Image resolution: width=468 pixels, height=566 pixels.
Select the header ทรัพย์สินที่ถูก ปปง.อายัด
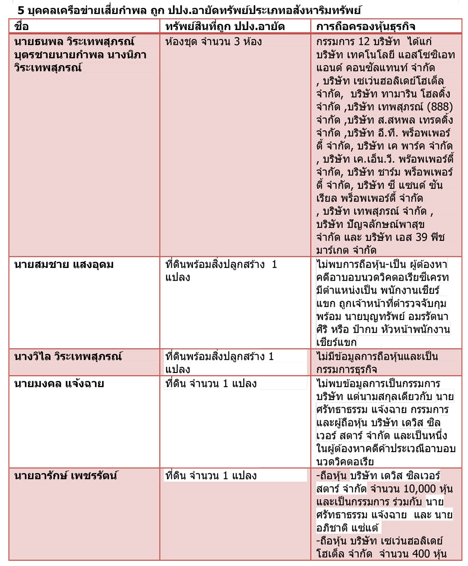(225, 27)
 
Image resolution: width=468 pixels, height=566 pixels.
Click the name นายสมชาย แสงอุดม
(64, 265)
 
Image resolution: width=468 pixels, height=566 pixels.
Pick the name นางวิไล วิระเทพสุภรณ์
(68, 357)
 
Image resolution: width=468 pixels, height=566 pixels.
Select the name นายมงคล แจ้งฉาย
(59, 384)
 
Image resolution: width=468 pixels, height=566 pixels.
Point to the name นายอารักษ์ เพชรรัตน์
(66, 476)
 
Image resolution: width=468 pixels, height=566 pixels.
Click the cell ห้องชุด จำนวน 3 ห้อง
(213, 42)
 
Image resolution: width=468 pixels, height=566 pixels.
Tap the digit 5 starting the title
(20, 9)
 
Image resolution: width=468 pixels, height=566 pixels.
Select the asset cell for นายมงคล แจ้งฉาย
(211, 384)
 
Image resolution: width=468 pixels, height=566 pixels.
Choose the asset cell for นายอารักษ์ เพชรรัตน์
(211, 476)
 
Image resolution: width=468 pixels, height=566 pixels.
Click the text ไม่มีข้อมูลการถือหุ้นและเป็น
(377, 357)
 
